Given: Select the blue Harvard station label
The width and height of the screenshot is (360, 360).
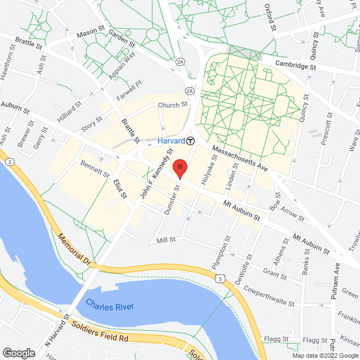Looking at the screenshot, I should pyautogui.click(x=172, y=141).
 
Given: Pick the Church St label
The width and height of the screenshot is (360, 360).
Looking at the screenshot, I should pyautogui.click(x=172, y=105).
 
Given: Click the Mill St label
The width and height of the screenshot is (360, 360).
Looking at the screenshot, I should pyautogui.click(x=166, y=240).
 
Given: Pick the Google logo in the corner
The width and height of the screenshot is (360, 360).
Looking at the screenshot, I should pyautogui.click(x=18, y=353).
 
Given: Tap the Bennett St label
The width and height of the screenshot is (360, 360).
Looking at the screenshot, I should pyautogui.click(x=95, y=170).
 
